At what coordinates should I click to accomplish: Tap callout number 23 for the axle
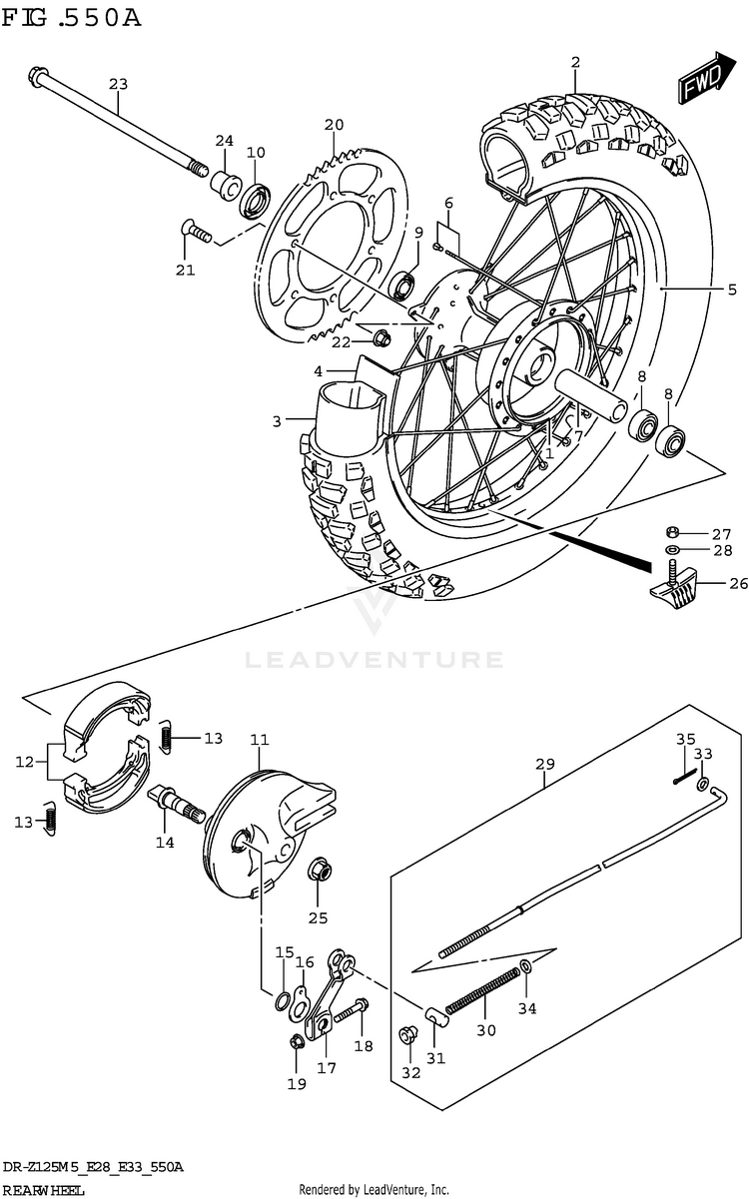[x=119, y=85]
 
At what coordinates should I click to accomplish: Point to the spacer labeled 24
[x=223, y=183]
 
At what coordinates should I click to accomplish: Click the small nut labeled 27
[x=672, y=532]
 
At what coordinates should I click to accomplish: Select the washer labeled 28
[x=672, y=550]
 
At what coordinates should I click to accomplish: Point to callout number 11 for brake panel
[x=260, y=740]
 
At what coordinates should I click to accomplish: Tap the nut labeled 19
[x=296, y=1043]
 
